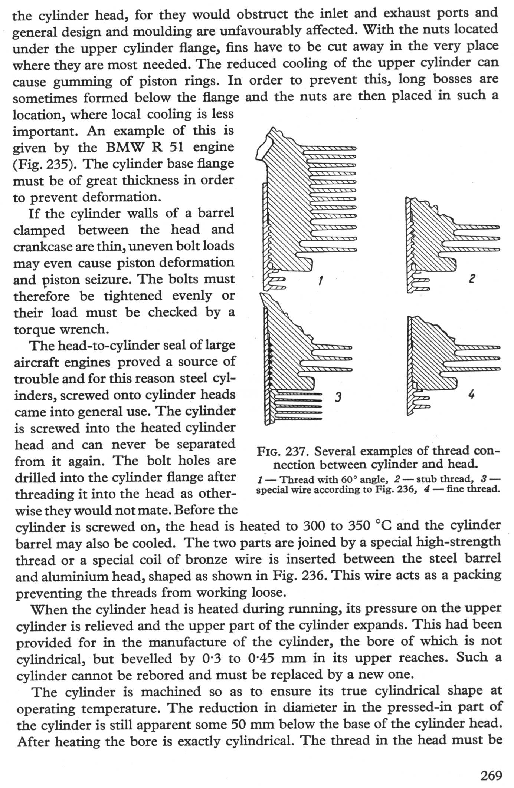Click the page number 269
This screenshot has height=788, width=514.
[x=491, y=775]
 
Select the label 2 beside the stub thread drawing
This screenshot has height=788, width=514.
[x=471, y=278]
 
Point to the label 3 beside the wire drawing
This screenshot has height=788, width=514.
[x=338, y=398]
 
